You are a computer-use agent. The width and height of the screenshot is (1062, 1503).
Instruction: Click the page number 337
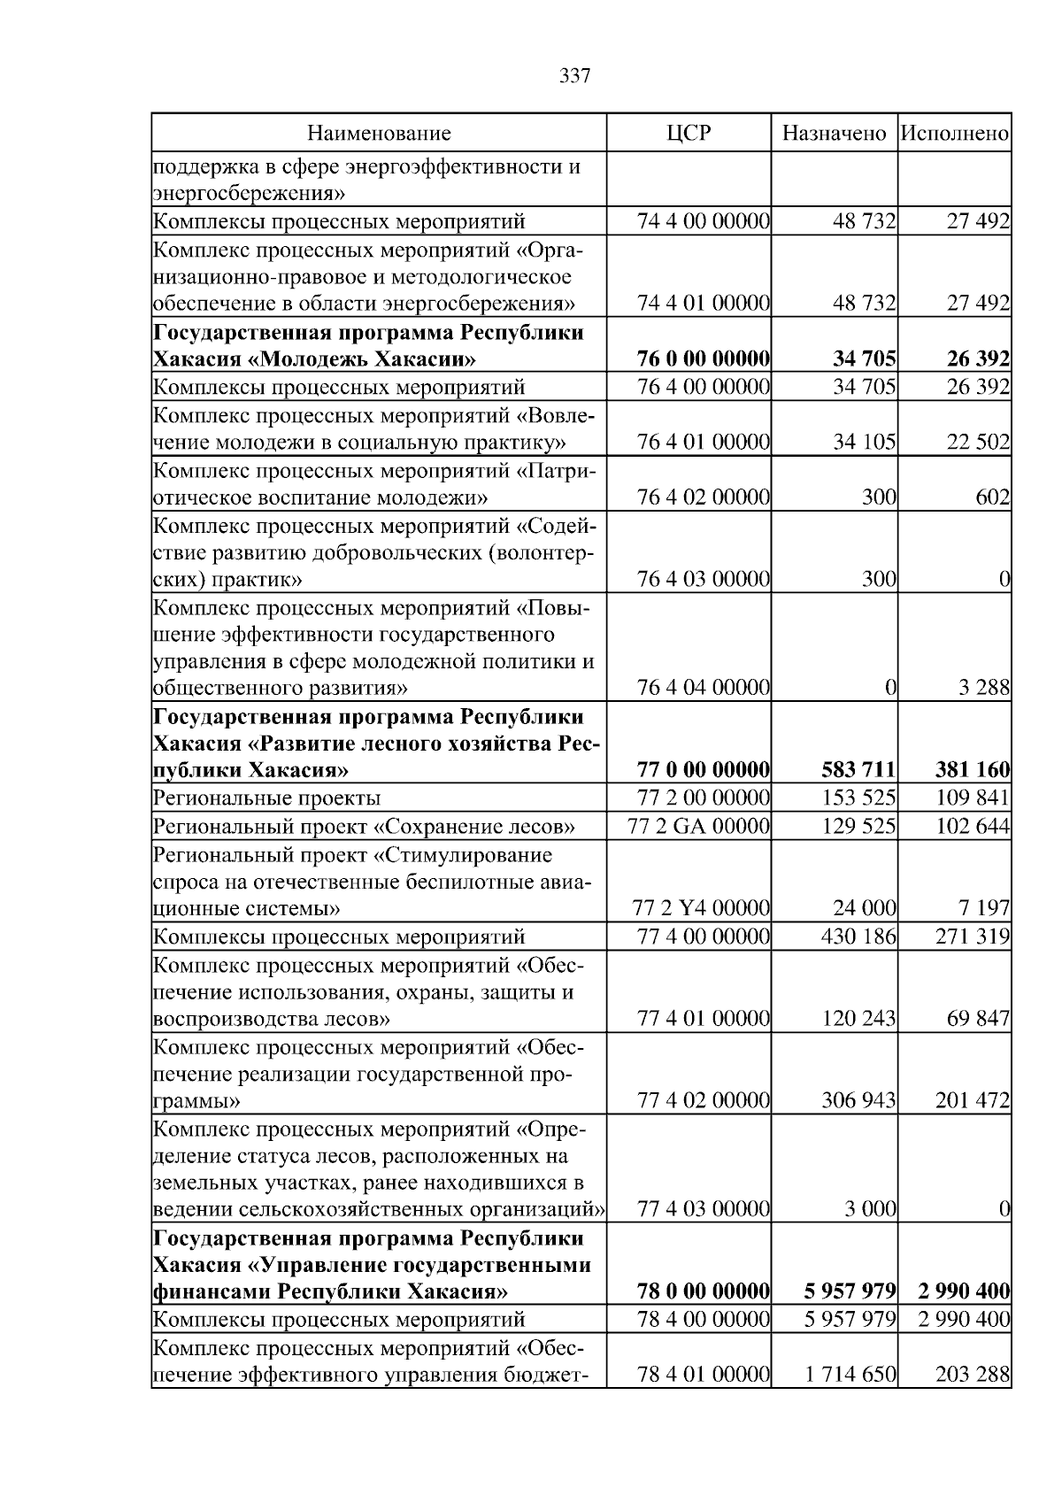pos(574,76)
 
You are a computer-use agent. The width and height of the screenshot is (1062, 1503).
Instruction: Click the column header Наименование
pos(379,134)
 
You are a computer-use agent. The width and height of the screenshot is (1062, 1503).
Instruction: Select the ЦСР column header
pos(689,134)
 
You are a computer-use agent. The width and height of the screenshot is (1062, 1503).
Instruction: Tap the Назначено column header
pos(834,134)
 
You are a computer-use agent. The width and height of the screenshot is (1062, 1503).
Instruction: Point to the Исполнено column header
pos(954,134)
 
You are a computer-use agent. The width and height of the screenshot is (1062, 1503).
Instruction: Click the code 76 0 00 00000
pos(703,359)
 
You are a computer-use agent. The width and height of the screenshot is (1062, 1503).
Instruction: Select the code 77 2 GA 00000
pos(698,827)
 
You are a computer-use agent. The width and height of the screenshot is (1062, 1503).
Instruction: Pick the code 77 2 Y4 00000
pos(702,908)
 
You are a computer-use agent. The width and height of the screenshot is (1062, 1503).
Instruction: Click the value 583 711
pos(858,770)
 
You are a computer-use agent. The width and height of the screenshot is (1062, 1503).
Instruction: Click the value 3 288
pos(983,688)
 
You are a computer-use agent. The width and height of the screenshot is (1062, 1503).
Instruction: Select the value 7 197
pos(983,908)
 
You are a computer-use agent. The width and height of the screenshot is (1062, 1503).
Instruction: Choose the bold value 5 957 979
pos(850,1291)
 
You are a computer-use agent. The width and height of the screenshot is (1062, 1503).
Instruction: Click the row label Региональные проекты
pos(266,798)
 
